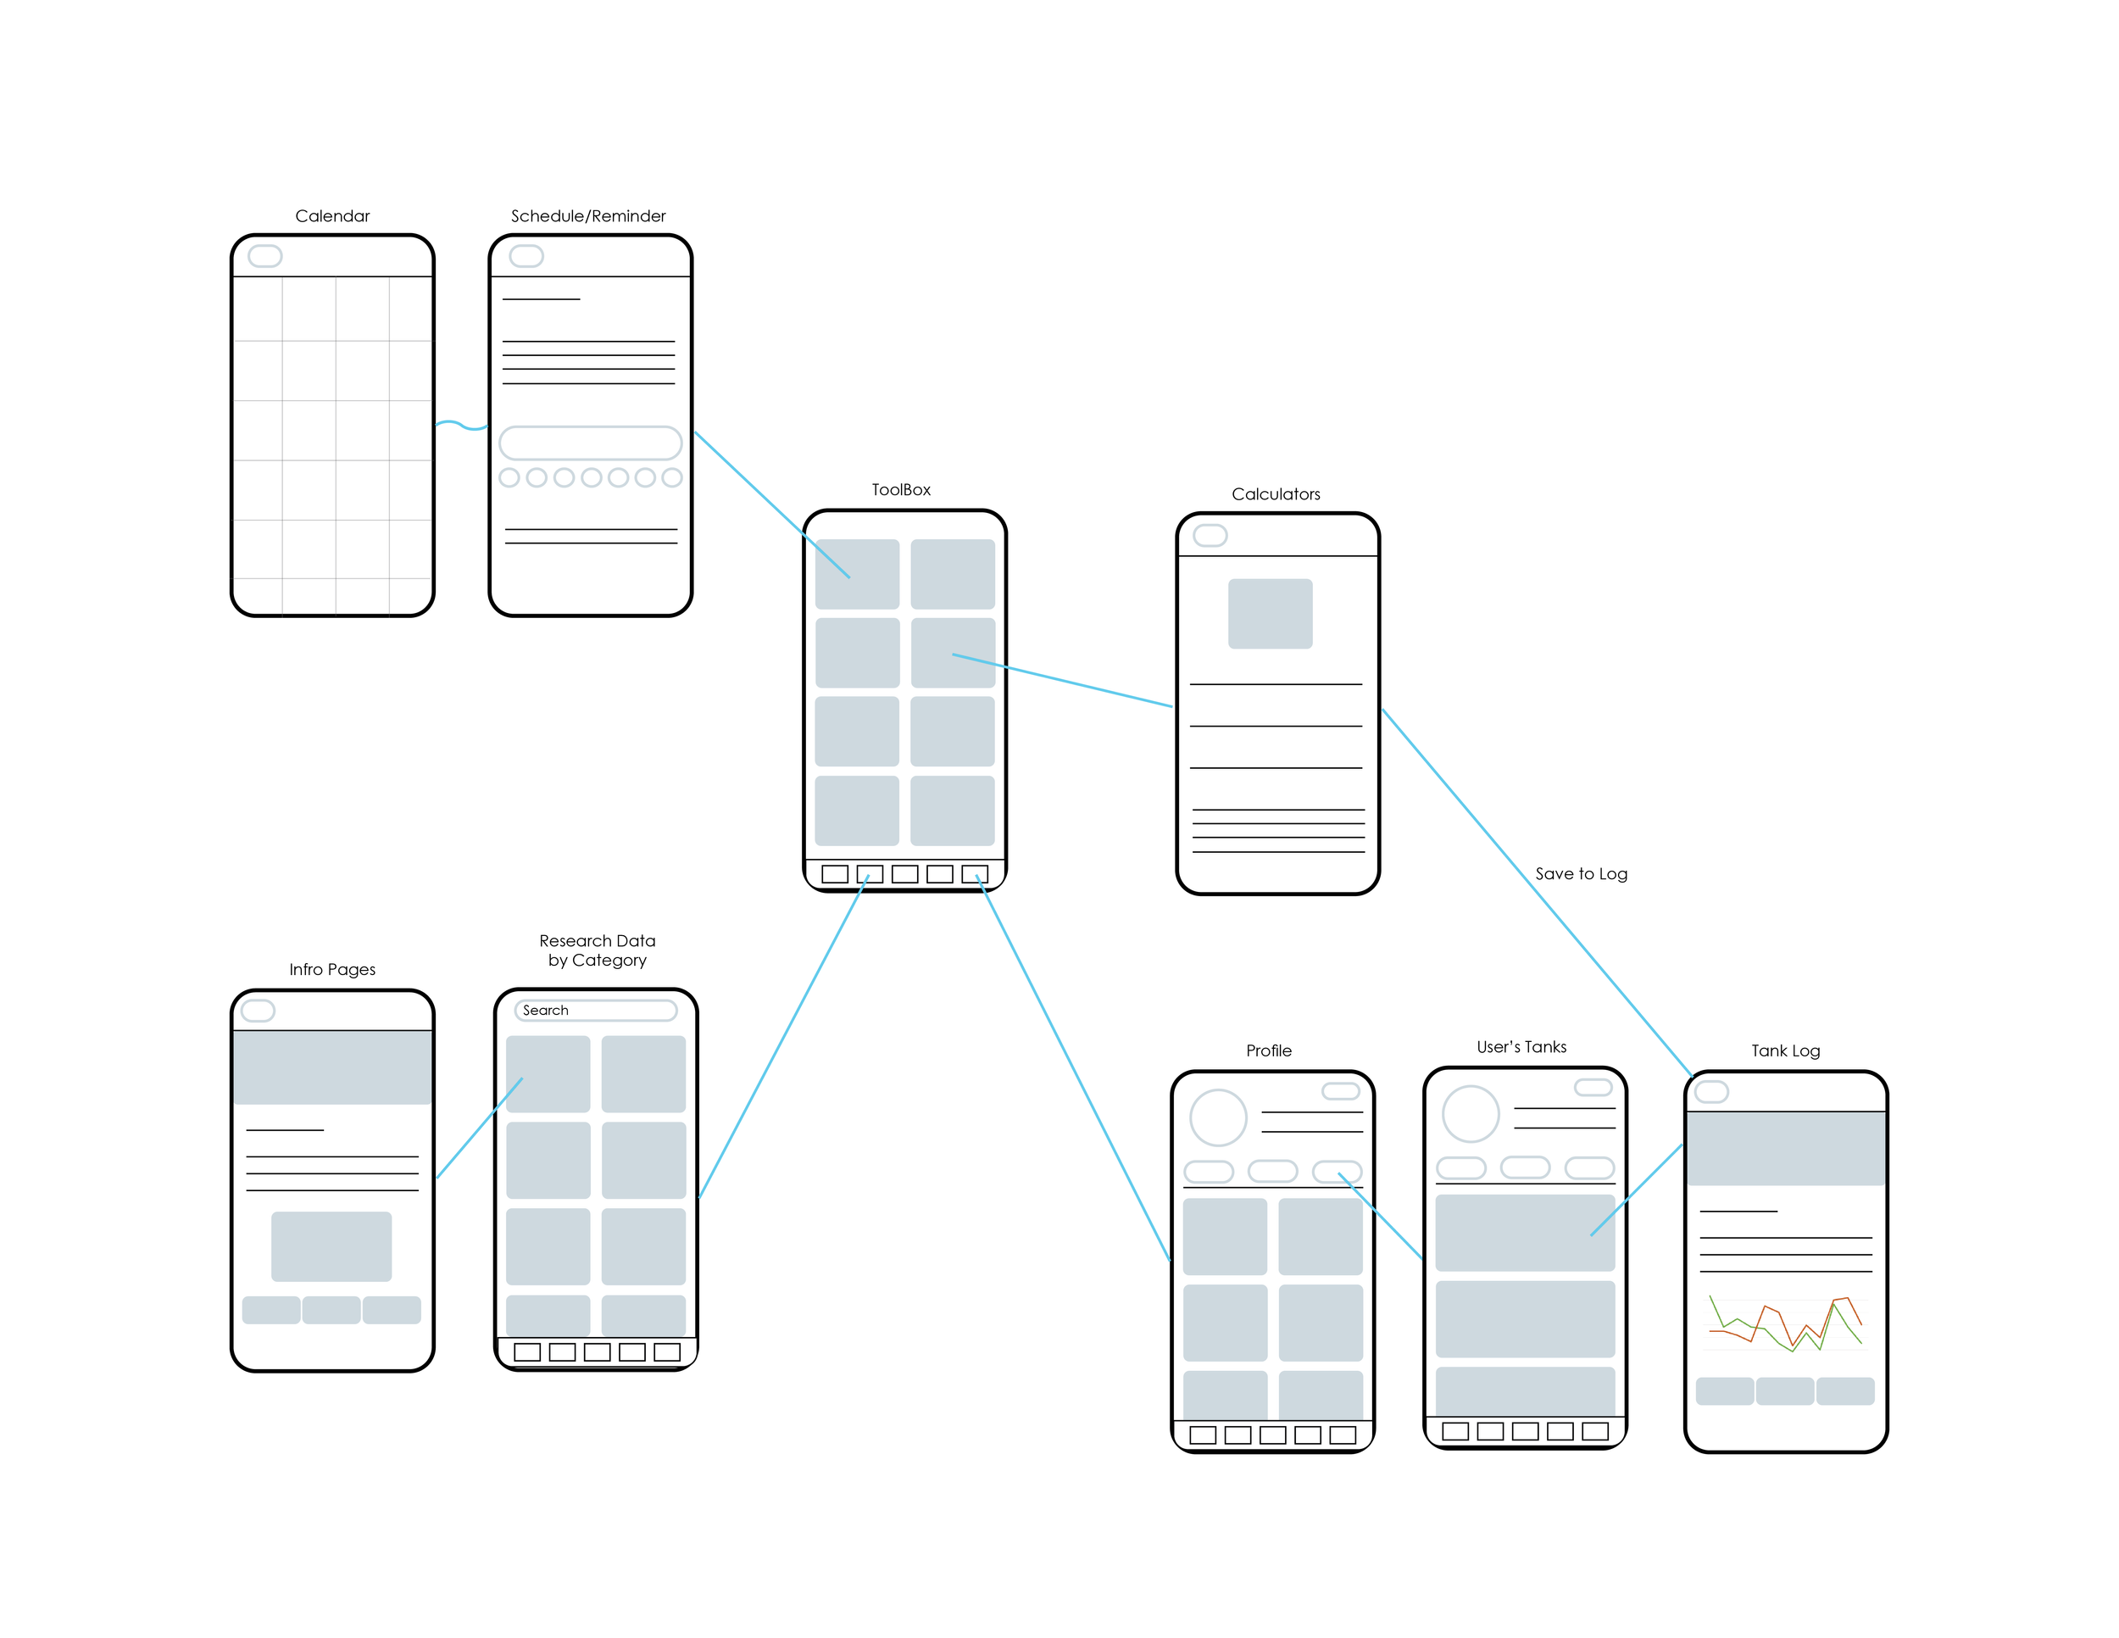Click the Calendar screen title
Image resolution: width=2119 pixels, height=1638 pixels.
[x=331, y=216]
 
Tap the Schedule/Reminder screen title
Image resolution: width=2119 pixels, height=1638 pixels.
[x=588, y=216]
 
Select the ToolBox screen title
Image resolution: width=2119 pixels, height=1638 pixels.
[x=900, y=490]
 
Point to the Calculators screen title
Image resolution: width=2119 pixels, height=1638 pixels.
[x=1275, y=494]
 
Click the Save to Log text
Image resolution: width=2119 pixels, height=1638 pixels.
[x=1581, y=873]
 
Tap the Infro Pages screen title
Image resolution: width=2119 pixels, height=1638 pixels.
[x=331, y=969]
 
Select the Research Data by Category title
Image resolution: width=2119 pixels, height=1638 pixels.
[x=597, y=950]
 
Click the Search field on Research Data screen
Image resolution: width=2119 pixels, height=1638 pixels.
[x=595, y=1010]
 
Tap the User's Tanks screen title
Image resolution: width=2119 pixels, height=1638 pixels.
[x=1521, y=1046]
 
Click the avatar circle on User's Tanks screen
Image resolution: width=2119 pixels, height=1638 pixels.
[x=1470, y=1113]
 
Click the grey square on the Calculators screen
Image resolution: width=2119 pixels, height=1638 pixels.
[x=1270, y=613]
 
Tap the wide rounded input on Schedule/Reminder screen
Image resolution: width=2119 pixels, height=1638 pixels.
[x=590, y=443]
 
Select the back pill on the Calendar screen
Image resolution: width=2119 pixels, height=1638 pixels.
[x=264, y=256]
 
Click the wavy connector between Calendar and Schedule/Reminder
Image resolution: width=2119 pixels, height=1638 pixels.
[x=461, y=424]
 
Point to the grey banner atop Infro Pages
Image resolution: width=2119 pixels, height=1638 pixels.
[x=331, y=1067]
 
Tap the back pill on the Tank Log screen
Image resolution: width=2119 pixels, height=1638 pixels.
[x=1710, y=1092]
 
